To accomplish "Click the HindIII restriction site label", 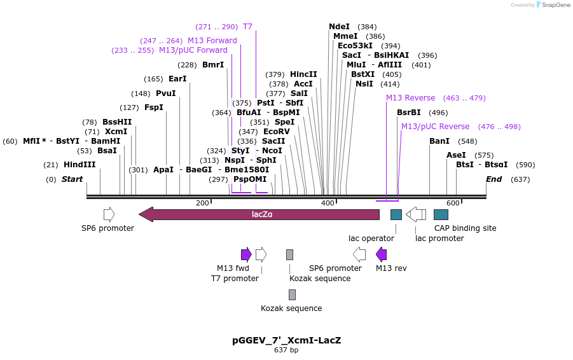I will pos(79,165).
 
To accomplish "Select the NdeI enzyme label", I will pos(339,27).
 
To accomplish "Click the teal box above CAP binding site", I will pos(441,214).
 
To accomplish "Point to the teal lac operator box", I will pos(396,214).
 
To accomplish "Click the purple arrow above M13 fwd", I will pos(246,255).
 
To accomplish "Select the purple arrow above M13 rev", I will pos(381,255).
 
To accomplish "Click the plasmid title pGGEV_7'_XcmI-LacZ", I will pos(286,340).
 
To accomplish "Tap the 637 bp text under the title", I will pos(286,350).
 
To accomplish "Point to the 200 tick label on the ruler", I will pos(202,203).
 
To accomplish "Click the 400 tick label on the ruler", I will pos(328,203).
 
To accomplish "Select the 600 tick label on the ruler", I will pos(452,203).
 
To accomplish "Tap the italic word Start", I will pos(72,179).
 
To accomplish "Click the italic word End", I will pos(494,179).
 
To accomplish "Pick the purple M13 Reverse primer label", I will pos(410,98).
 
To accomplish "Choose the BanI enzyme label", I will pos(439,141).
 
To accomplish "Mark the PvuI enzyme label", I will pos(165,93).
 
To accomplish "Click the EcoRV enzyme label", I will pos(276,132).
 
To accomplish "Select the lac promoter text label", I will pos(439,239).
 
